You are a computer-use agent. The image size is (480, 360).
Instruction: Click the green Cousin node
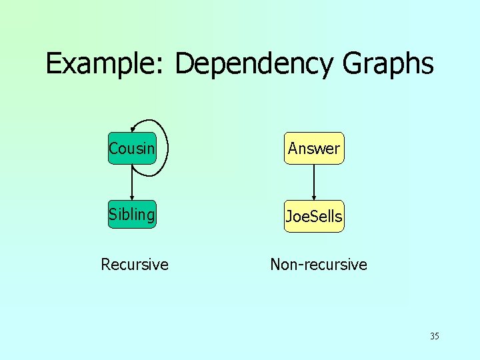(132, 148)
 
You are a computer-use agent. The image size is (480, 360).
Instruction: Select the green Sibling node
(132, 215)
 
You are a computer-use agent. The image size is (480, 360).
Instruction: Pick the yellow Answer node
(314, 148)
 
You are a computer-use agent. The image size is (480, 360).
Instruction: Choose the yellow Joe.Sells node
(314, 216)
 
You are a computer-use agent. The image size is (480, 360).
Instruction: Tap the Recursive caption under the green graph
(135, 265)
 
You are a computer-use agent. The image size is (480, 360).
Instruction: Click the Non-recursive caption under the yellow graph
(319, 265)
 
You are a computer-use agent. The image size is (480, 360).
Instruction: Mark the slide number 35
(435, 336)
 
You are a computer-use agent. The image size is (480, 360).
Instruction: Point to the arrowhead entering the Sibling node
(132, 197)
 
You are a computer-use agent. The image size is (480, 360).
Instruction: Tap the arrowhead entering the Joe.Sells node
(314, 197)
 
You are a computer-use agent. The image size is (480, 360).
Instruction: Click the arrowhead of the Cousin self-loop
(133, 129)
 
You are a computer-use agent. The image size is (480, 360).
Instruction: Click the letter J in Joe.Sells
(289, 217)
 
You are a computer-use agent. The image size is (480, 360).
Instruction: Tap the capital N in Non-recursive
(276, 265)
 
